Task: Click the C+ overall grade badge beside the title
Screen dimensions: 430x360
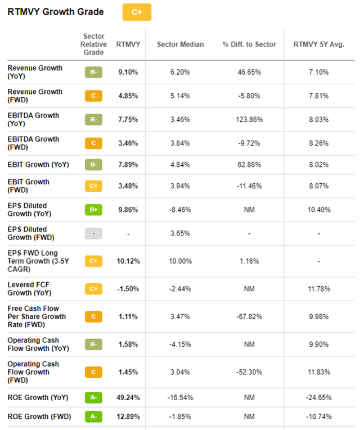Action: pyautogui.click(x=137, y=12)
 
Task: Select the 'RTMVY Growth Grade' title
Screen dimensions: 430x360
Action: pyautogui.click(x=56, y=12)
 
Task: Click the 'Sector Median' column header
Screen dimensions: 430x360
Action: pyautogui.click(x=180, y=44)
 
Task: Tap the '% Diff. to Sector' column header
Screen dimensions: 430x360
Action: pyautogui.click(x=249, y=44)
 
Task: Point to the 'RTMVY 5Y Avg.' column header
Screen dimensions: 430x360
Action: pyautogui.click(x=319, y=44)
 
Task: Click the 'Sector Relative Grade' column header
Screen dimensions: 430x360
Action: pyautogui.click(x=93, y=44)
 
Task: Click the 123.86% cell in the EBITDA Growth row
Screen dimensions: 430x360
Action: pyautogui.click(x=249, y=120)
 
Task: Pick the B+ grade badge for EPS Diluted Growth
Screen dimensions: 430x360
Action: pyautogui.click(x=93, y=210)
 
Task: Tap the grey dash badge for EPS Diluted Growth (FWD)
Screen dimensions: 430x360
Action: pyautogui.click(x=93, y=234)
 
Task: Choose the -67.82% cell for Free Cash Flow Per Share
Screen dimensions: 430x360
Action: pyautogui.click(x=249, y=317)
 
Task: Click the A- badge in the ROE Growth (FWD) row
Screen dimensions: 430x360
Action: pyautogui.click(x=93, y=417)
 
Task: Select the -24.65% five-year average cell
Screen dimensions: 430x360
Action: pyautogui.click(x=319, y=397)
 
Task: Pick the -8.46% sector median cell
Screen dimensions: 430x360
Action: pyautogui.click(x=180, y=210)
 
